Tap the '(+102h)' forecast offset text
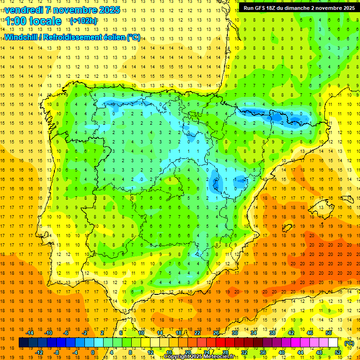83,21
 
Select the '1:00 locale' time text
33,21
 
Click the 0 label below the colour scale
93,352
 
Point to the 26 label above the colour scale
216,333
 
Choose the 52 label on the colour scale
338,352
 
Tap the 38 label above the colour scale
272,333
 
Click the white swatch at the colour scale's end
333,343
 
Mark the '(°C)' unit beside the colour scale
349,343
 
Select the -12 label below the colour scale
39,352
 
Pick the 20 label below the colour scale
187,352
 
